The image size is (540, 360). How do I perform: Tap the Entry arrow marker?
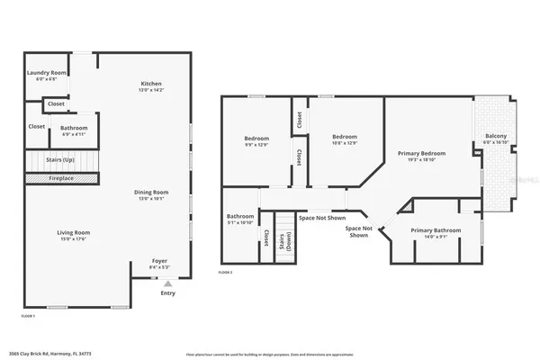[168, 283]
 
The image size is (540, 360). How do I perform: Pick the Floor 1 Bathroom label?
[74, 127]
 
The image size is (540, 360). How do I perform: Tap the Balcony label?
[496, 136]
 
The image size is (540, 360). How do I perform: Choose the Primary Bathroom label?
[436, 230]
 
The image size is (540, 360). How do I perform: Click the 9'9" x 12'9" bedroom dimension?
[256, 144]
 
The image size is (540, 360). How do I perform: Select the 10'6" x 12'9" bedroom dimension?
[345, 142]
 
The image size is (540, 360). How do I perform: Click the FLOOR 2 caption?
[226, 272]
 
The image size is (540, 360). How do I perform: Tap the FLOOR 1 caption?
[28, 317]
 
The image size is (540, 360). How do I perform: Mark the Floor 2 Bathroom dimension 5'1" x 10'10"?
[240, 221]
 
